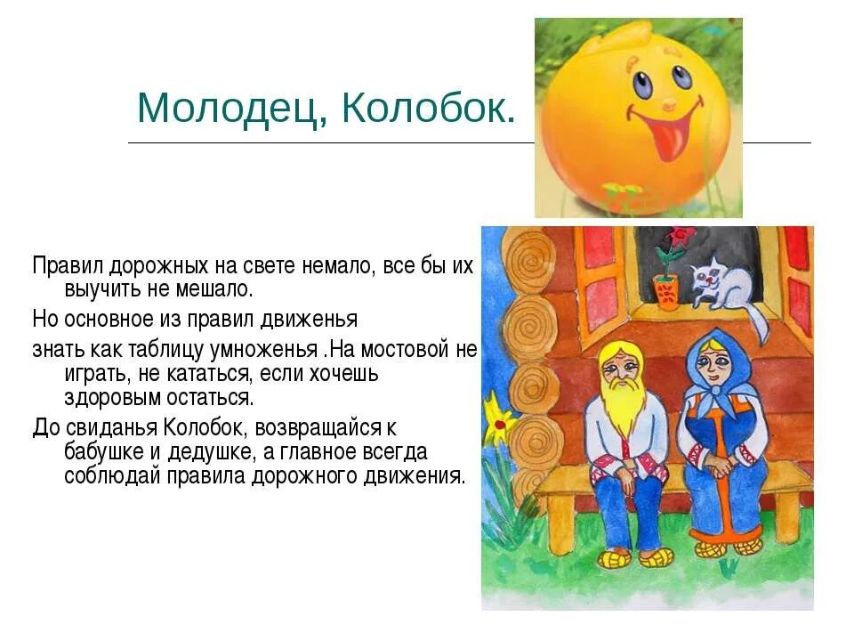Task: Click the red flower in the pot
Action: tap(681, 239)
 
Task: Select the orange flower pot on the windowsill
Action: tap(665, 291)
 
